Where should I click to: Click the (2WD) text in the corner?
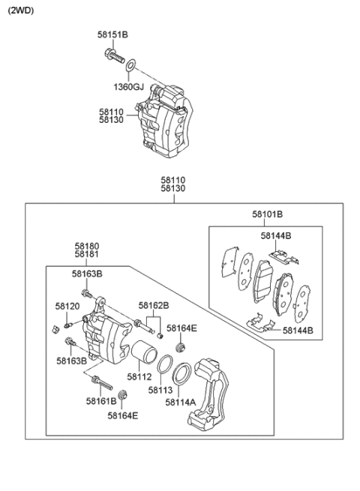click(22, 10)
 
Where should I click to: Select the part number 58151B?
click(112, 34)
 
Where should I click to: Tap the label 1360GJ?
click(128, 87)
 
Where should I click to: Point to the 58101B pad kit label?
click(267, 214)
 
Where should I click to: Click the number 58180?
click(86, 246)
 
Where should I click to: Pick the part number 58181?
click(86, 255)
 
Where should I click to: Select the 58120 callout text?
click(67, 307)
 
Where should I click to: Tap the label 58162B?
click(153, 306)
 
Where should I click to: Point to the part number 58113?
click(161, 390)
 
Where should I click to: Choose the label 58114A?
click(180, 403)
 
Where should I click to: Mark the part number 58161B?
click(100, 402)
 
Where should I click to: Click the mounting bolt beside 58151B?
click(112, 55)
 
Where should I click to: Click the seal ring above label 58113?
click(166, 366)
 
